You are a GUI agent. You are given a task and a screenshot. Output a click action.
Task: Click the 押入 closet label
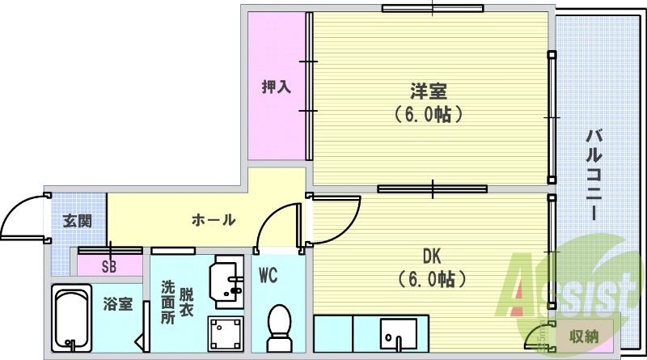point(277,86)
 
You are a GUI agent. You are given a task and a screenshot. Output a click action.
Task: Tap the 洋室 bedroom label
point(429,91)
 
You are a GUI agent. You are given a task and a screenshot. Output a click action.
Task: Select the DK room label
point(431,256)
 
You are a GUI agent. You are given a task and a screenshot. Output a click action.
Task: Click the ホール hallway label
point(214,219)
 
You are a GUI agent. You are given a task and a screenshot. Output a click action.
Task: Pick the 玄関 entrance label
point(77,220)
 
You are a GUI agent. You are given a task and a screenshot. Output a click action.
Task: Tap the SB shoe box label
point(108,267)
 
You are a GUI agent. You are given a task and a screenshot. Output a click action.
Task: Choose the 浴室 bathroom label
point(117,305)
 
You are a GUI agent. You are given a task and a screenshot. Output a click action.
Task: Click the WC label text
point(269,276)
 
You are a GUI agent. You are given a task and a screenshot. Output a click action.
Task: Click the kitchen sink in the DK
point(398,333)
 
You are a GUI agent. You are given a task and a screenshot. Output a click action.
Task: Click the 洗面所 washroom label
point(167,302)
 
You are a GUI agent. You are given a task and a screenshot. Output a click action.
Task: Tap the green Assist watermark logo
point(566,287)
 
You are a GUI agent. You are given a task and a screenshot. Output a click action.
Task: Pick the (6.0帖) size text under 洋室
point(429,114)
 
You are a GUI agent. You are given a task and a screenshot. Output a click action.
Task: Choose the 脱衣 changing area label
point(186,301)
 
